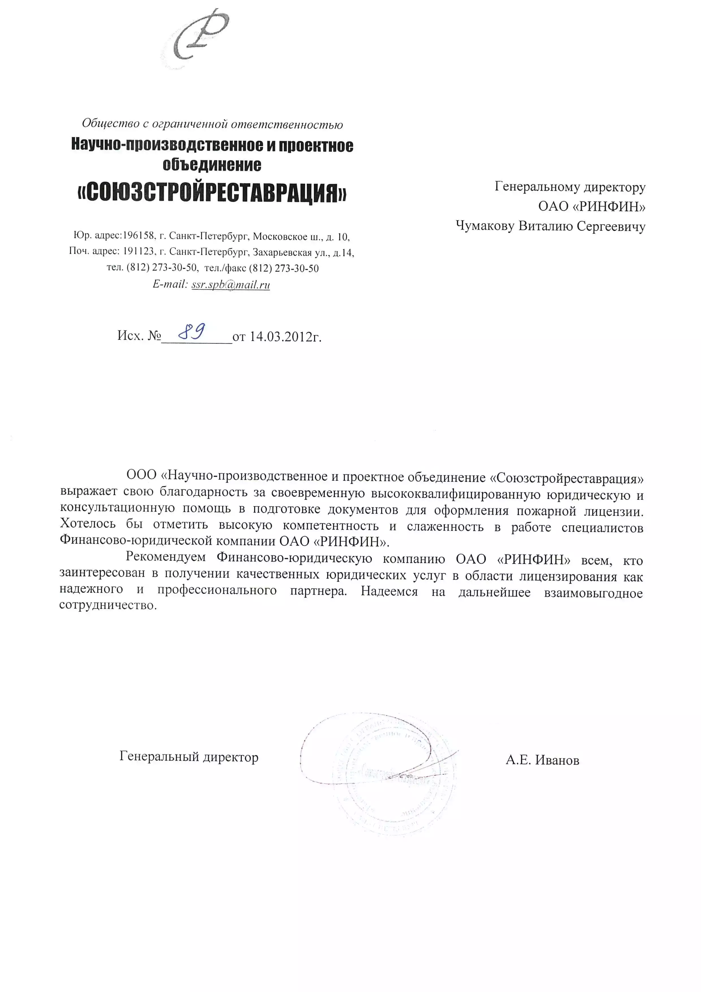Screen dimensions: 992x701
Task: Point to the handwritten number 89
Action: tap(192, 332)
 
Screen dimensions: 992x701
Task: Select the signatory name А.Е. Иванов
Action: tap(542, 760)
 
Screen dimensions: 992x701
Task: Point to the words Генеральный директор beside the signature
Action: tap(189, 757)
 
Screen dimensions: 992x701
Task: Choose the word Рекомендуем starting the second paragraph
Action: tap(166, 557)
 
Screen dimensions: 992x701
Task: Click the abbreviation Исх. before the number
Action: tap(130, 336)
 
